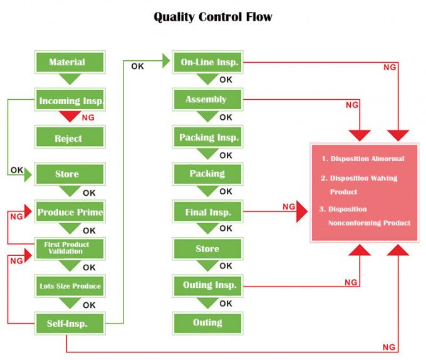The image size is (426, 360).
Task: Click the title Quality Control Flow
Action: pyautogui.click(x=213, y=17)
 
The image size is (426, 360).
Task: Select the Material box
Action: pyautogui.click(x=68, y=63)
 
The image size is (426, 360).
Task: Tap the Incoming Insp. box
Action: pyautogui.click(x=70, y=100)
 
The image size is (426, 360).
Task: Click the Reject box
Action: pyautogui.click(x=68, y=138)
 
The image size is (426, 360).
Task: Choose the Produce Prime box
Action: pyautogui.click(x=70, y=212)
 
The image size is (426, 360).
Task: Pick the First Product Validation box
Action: pyautogui.click(x=67, y=248)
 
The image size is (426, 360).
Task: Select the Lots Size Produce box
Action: pyautogui.click(x=70, y=286)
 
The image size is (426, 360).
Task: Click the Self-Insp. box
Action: pyautogui.click(x=68, y=324)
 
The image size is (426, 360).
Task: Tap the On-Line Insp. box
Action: pyautogui.click(x=207, y=62)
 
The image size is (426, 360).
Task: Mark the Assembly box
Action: pyautogui.click(x=207, y=99)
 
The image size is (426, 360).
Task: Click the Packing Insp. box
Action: pyautogui.click(x=208, y=137)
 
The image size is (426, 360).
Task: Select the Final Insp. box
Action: pyautogui.click(x=207, y=212)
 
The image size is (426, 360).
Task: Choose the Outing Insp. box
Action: pyautogui.click(x=209, y=285)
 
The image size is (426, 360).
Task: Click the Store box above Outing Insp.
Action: pyautogui.click(x=207, y=249)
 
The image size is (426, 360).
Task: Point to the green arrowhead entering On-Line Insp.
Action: pyautogui.click(x=166, y=60)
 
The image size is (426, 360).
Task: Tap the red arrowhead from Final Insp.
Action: pyautogui.click(x=301, y=212)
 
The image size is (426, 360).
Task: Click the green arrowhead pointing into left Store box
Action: pyautogui.click(x=28, y=175)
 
